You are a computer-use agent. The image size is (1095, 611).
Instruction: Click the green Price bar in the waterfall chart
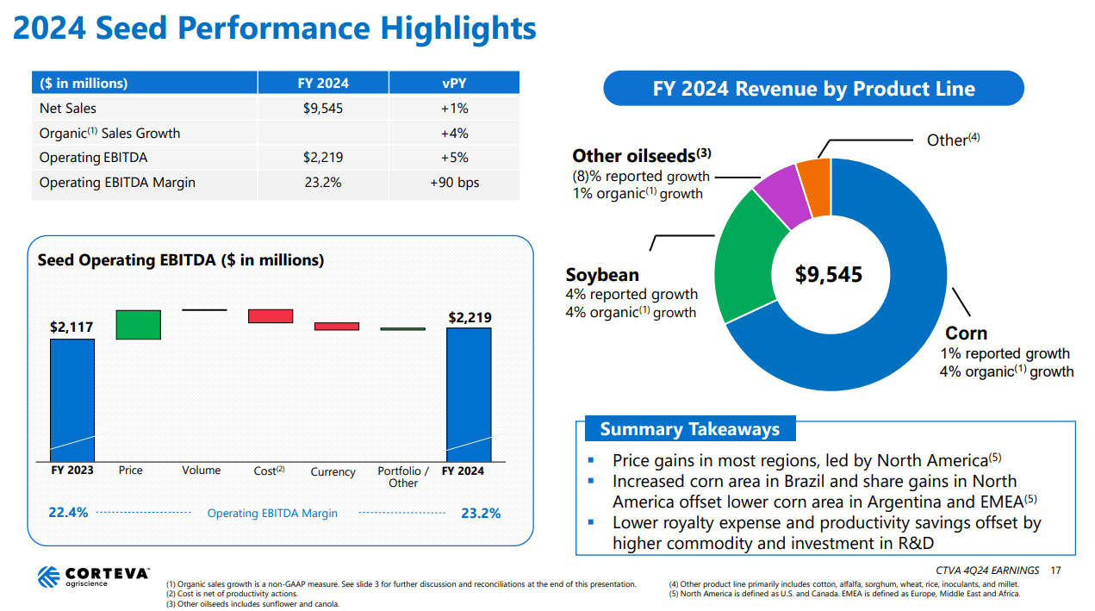click(138, 325)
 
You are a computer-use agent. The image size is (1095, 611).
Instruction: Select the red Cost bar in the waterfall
click(271, 316)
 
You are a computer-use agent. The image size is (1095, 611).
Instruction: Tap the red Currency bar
click(336, 327)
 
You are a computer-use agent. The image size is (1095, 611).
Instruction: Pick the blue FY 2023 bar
click(72, 400)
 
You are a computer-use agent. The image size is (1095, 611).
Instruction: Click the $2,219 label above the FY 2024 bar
click(470, 317)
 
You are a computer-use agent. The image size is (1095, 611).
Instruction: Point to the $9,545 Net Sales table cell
click(323, 109)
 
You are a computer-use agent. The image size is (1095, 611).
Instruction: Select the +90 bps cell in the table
click(454, 183)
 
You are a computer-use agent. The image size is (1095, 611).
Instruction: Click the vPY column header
click(454, 84)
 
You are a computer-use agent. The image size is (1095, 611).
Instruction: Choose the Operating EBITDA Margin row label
click(117, 183)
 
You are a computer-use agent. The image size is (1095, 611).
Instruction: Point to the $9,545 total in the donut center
click(828, 275)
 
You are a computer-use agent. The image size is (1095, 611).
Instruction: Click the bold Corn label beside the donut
click(966, 334)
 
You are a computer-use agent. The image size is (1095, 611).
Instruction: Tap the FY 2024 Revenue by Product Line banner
click(813, 89)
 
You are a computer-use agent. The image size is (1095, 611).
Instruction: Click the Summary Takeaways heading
click(689, 429)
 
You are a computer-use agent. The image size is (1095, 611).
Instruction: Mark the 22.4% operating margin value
click(68, 513)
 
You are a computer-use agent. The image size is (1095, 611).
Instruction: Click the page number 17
click(1056, 570)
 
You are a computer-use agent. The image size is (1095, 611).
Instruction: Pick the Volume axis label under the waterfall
click(201, 471)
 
